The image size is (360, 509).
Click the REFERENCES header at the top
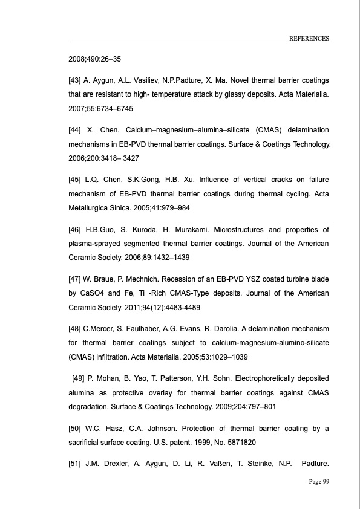[x=309, y=37]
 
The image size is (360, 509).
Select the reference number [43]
[x=76, y=80]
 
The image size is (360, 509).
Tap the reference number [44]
[x=76, y=130]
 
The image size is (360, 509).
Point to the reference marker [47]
[x=76, y=279]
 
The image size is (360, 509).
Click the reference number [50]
[x=76, y=429]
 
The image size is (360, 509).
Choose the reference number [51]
[x=76, y=463]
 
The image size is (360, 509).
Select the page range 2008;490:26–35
[x=94, y=60]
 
